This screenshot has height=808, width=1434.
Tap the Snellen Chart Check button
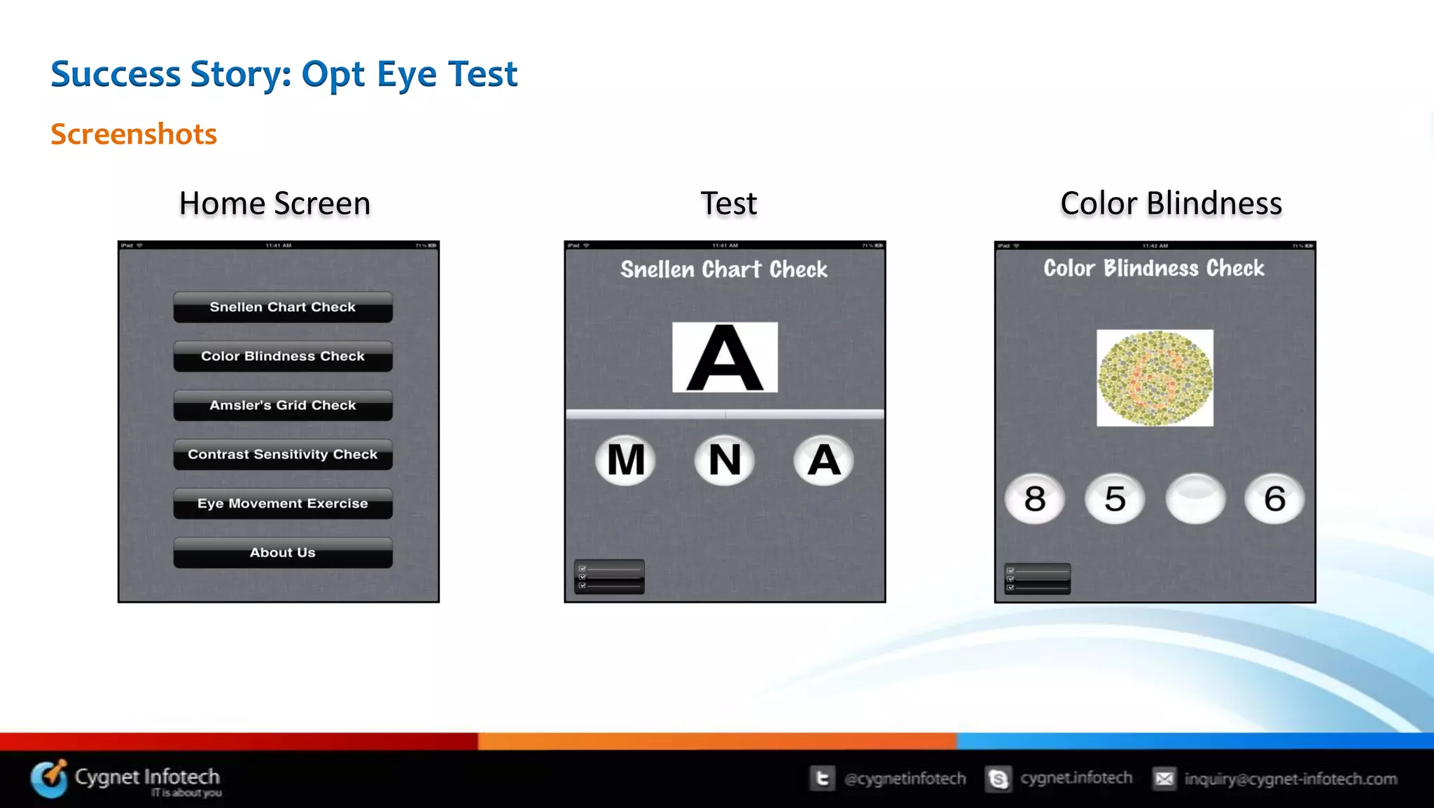click(x=283, y=307)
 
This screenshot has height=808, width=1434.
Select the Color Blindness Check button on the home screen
click(x=283, y=356)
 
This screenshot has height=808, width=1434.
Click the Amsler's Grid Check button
click(x=283, y=405)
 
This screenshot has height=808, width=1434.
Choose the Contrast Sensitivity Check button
click(x=283, y=454)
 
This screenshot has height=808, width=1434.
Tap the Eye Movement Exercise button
click(x=283, y=503)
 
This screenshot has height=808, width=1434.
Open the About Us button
click(x=283, y=552)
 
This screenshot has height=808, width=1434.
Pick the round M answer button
click(x=625, y=460)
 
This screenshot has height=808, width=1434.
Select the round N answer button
click(x=725, y=460)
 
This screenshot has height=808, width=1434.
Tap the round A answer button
click(x=823, y=460)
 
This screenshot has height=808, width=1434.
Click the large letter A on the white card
click(x=725, y=357)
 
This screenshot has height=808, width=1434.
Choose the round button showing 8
click(x=1035, y=498)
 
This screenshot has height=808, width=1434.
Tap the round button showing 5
click(x=1115, y=498)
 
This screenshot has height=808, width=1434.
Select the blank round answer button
click(x=1195, y=498)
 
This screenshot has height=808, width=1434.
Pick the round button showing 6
click(x=1274, y=498)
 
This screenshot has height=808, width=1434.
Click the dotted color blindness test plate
click(x=1155, y=378)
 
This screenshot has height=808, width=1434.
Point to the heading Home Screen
click(x=274, y=203)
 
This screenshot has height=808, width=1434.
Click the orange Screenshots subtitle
click(x=134, y=134)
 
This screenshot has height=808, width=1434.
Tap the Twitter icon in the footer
click(x=823, y=779)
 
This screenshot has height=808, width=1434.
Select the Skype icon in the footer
click(x=998, y=779)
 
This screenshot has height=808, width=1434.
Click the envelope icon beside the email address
click(x=1164, y=779)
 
